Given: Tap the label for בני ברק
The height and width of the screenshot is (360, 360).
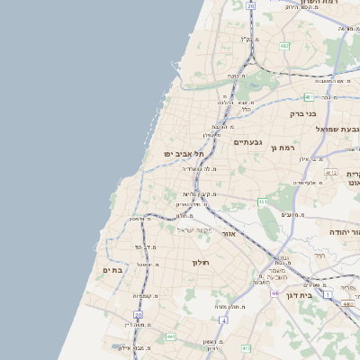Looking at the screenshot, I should coord(303,114).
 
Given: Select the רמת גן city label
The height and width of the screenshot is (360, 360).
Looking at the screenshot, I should coord(287,147).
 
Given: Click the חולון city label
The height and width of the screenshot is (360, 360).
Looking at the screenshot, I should coord(200,262).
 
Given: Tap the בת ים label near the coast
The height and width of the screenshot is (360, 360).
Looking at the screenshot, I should coord(112,270).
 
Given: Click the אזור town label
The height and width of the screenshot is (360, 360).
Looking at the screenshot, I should coord(229,233).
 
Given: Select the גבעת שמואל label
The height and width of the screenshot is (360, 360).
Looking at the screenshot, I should coord(337,129).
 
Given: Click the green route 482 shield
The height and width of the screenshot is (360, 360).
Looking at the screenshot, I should coord(284,46).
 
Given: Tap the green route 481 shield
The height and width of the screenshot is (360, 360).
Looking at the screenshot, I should coord(309,96).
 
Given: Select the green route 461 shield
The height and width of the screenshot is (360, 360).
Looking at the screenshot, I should coord(263,202).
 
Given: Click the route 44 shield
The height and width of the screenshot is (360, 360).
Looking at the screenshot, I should coord(274,293).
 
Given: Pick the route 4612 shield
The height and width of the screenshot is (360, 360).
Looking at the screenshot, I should coord(330,173).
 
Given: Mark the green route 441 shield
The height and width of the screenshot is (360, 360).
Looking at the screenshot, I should coord(170,337).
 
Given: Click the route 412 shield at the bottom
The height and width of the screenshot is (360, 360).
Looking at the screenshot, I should coord(246,347).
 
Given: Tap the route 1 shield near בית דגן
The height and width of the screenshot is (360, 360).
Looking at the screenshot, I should coord(328,294).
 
